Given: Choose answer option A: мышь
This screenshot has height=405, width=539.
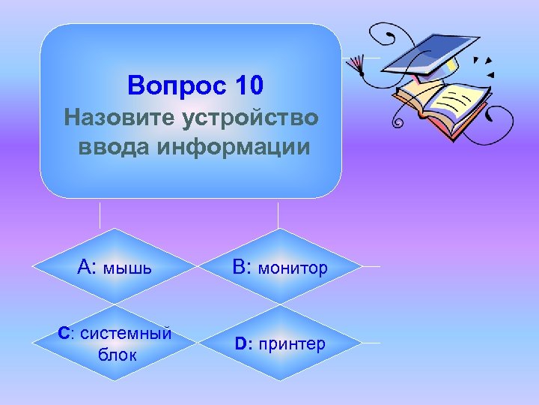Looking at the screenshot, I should (x=115, y=266).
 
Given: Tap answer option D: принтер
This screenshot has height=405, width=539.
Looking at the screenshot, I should (x=280, y=343).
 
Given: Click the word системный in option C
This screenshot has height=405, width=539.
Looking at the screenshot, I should (x=126, y=333).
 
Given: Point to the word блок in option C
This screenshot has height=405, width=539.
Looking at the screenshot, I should (x=117, y=354).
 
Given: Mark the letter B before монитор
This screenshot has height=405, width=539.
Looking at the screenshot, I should (x=240, y=266).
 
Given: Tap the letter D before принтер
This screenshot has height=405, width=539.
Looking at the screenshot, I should (x=241, y=343).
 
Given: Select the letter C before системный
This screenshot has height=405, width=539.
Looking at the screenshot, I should (x=64, y=333).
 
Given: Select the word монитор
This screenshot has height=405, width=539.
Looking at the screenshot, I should (x=293, y=268).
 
